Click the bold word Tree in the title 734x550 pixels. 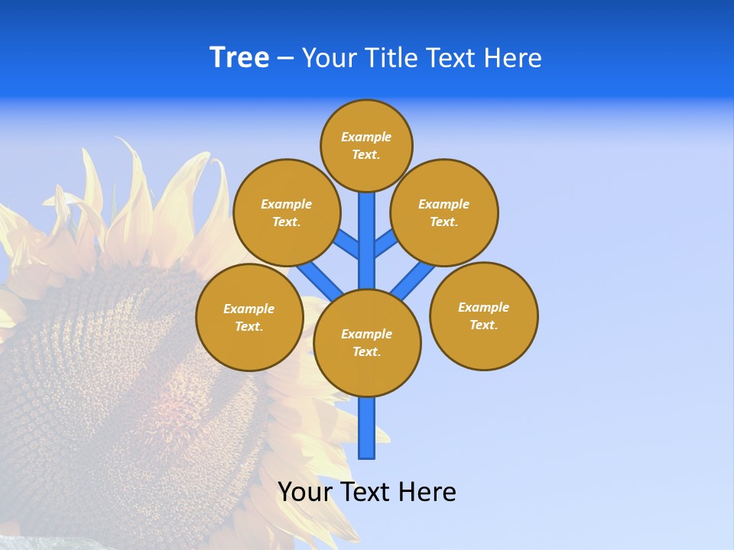pyautogui.click(x=239, y=58)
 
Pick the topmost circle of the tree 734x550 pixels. pyautogui.click(x=366, y=146)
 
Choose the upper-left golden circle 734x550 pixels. pyautogui.click(x=286, y=213)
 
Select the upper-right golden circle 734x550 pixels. pyautogui.click(x=443, y=213)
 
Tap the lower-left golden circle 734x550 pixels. pyautogui.click(x=248, y=318)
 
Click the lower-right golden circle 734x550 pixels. pyautogui.click(x=483, y=316)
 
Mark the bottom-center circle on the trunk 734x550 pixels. pyautogui.click(x=367, y=343)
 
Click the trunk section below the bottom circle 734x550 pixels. pyautogui.click(x=367, y=428)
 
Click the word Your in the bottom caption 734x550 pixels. pyautogui.click(x=304, y=492)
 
